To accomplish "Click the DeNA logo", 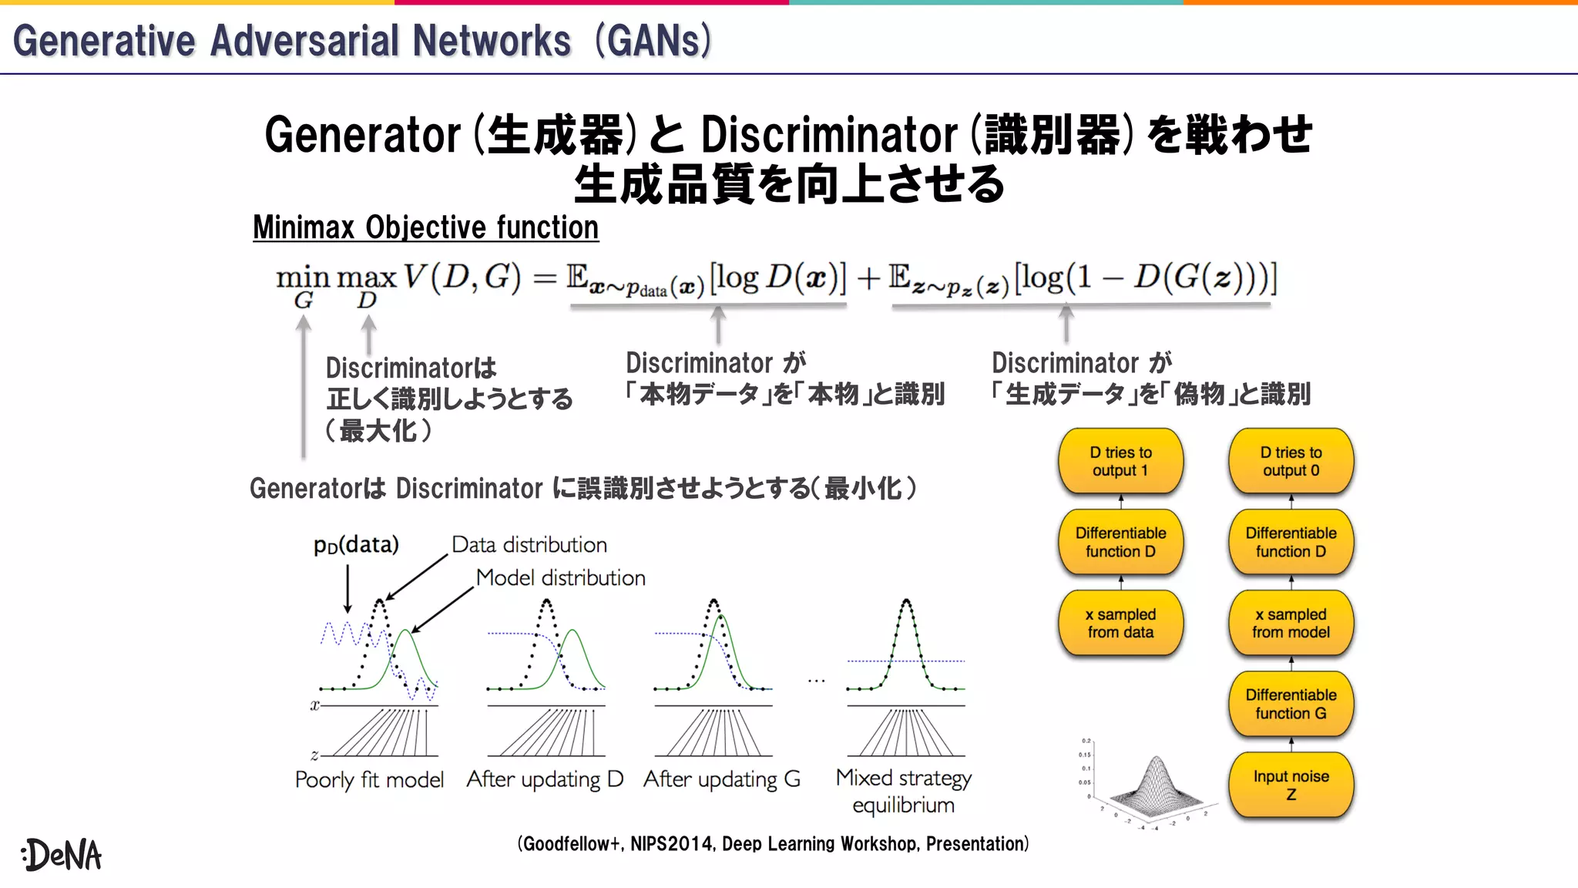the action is point(62,854).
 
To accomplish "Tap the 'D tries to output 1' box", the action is point(1120,461).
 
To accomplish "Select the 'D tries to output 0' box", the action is point(1291,461).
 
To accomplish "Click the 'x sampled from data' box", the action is point(1120,623).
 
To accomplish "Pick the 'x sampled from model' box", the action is point(1291,623).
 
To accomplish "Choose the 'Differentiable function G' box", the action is point(1291,704).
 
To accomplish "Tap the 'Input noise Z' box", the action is point(1291,785).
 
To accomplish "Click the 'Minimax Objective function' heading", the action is point(425,227).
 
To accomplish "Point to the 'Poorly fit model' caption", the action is point(369,780).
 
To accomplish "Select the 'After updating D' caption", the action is point(545,779).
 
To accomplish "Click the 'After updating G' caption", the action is point(722,779).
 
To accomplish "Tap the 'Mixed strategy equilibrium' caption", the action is point(903,791).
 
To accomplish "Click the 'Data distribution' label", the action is point(529,545).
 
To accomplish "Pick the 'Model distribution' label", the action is point(560,577).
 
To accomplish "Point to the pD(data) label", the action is point(356,545).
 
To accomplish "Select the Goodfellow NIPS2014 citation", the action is point(773,843).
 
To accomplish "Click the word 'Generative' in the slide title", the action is point(104,41).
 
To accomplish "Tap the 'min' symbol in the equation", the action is point(302,277).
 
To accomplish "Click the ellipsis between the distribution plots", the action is point(817,681).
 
